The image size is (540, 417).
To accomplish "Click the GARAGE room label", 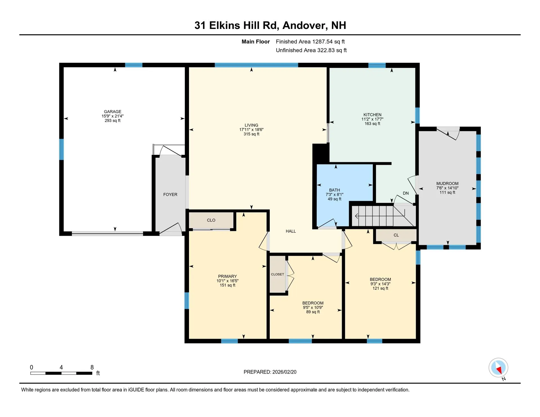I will [112, 112].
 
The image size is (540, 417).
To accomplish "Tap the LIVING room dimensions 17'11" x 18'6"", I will [251, 130].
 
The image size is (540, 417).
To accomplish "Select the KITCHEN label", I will [372, 115].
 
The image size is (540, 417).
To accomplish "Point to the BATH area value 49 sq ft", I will [334, 199].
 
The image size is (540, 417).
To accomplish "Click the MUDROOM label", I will [447, 184].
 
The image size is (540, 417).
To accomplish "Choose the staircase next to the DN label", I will [382, 216].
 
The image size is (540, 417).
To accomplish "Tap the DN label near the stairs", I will [406, 193].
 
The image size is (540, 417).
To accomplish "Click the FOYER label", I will [170, 195].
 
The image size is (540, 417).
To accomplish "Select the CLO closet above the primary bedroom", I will [211, 220].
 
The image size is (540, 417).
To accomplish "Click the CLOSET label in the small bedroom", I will [277, 274].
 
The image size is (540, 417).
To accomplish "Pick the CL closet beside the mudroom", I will [396, 235].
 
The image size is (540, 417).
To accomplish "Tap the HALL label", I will [291, 231].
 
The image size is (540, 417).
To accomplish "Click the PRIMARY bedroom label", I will [227, 276].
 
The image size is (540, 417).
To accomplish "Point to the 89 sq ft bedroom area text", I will [313, 312].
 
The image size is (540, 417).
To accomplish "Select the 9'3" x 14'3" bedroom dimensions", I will [380, 284].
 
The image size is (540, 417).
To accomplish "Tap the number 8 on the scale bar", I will [92, 367].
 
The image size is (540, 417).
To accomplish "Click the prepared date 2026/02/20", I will [284, 372].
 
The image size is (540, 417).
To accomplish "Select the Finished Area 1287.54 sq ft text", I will [310, 42].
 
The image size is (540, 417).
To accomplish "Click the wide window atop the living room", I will [256, 65].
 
